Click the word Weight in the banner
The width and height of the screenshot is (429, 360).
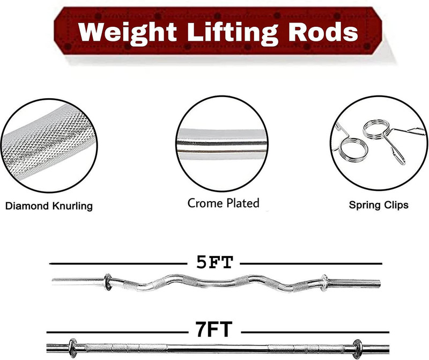coord(128,33)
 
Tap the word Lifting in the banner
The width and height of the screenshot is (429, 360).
coord(233,33)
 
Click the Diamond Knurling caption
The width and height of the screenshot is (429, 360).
coord(49,206)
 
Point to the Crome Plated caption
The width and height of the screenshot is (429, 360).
coord(223,203)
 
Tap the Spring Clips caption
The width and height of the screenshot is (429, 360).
coord(379,205)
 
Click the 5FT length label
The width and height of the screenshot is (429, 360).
coord(214,262)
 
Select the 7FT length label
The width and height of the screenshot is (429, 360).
coord(213,329)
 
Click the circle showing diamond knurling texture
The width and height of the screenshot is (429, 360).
coord(49,145)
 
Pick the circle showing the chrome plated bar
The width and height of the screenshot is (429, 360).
coord(222,143)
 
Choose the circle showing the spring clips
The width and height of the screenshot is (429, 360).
coord(379,143)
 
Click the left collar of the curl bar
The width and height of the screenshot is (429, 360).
coord(108,282)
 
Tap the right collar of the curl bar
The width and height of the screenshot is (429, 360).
coord(324,283)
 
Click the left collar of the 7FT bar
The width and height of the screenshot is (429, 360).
coord(73,348)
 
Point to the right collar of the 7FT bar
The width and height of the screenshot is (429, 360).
coord(357,349)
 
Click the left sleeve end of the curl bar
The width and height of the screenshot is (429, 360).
coord(53,282)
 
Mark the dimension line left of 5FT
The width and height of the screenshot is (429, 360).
coord(118,263)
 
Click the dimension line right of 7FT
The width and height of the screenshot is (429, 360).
coord(315,332)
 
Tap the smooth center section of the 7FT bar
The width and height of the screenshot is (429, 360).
coord(218,349)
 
